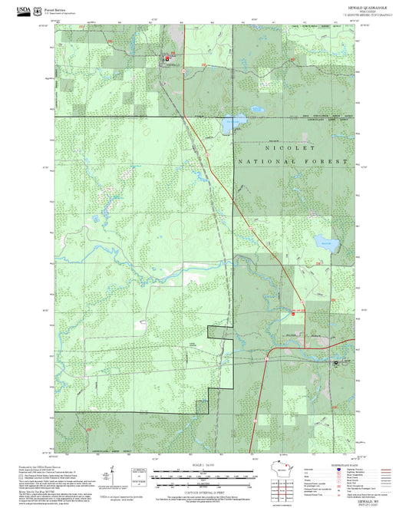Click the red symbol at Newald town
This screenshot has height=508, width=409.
(x=167, y=58)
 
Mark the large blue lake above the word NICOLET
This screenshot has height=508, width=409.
(x=233, y=121)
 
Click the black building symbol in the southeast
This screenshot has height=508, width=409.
(x=335, y=362)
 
